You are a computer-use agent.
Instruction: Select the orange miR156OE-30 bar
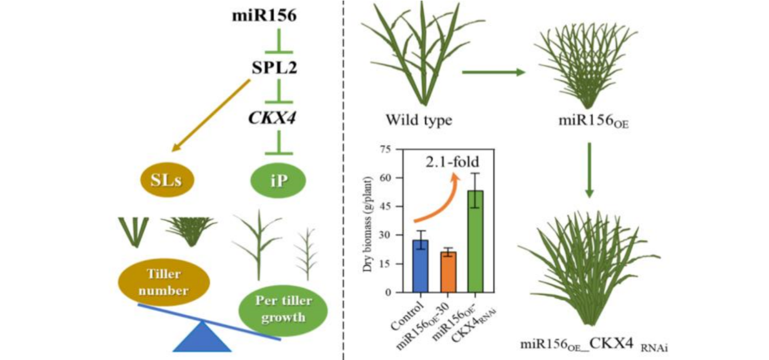[448, 272]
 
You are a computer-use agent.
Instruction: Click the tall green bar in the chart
[475, 241]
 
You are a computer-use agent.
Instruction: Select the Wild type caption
[419, 119]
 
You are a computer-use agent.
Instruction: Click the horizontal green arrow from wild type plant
[493, 72]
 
